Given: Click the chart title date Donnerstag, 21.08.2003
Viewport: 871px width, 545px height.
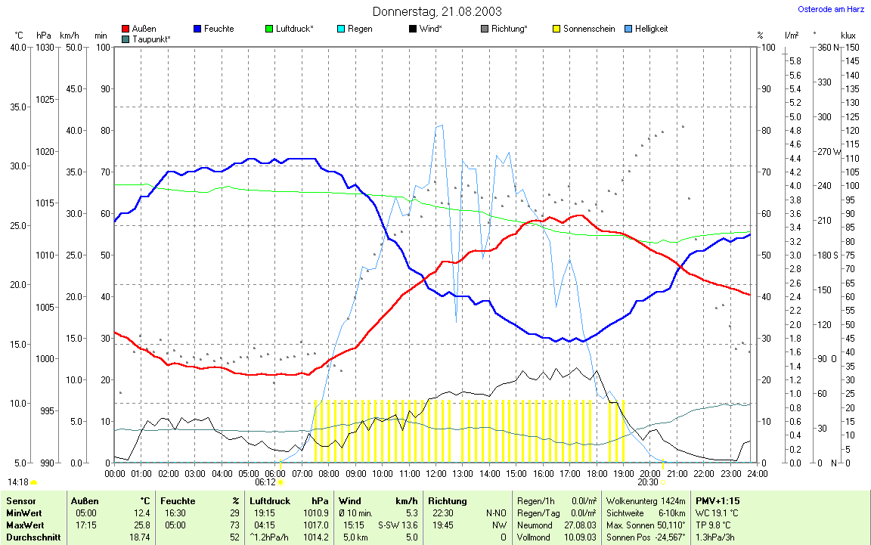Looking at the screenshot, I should (436, 11).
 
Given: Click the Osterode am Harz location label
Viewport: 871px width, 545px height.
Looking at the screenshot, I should (831, 9).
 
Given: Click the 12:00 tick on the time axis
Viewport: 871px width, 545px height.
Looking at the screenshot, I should (436, 473).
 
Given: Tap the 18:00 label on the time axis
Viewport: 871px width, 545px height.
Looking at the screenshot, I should (597, 473).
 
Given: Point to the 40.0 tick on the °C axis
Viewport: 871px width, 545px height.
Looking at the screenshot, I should (17, 48).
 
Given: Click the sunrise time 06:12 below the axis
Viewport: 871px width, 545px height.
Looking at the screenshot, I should (265, 482).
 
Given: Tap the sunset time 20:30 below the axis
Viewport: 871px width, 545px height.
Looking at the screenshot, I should (648, 482).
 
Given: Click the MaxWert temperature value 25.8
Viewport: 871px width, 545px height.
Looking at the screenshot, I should (141, 525).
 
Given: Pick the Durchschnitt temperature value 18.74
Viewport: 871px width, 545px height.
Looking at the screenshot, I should (139, 537).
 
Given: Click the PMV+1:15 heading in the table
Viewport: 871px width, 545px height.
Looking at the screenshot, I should (718, 500).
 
